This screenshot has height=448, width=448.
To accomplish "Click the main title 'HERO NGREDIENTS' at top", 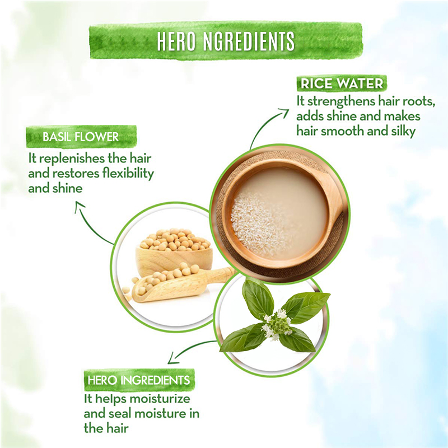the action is [x=226, y=41].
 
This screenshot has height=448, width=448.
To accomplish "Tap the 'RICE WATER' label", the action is [x=342, y=83].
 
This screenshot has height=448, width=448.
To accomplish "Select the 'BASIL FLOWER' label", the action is [x=81, y=137].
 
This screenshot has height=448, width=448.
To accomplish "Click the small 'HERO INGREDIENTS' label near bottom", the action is [x=139, y=380].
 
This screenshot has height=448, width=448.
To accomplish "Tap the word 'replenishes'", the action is [x=72, y=159].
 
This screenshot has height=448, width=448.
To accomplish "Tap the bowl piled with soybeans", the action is [x=174, y=253].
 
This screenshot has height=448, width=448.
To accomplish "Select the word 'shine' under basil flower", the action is [x=67, y=189].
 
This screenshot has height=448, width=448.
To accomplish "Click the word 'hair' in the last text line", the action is [x=116, y=428].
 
